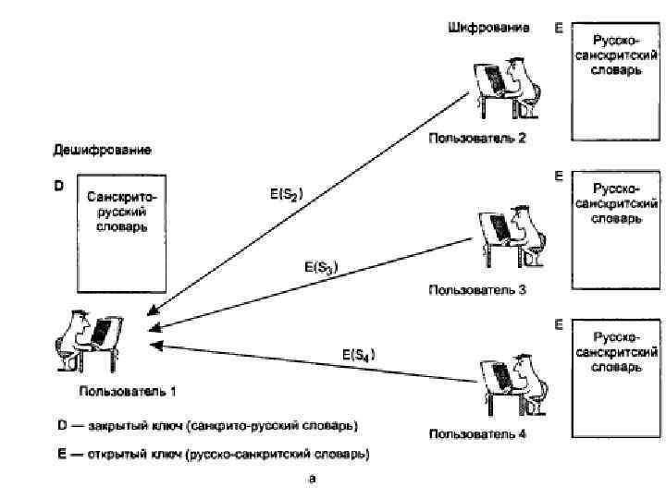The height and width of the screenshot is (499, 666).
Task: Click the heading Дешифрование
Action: click(x=102, y=150)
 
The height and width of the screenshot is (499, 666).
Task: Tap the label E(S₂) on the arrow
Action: click(x=286, y=195)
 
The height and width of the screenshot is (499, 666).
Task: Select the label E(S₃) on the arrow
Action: click(x=321, y=267)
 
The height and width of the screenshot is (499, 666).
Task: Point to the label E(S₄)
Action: click(x=359, y=354)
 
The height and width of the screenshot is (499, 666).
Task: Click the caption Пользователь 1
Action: click(x=128, y=391)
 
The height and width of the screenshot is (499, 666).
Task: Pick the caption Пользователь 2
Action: click(x=476, y=140)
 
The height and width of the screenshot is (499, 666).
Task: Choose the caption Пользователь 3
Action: click(x=476, y=289)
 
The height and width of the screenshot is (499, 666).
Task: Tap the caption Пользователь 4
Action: click(x=476, y=433)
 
